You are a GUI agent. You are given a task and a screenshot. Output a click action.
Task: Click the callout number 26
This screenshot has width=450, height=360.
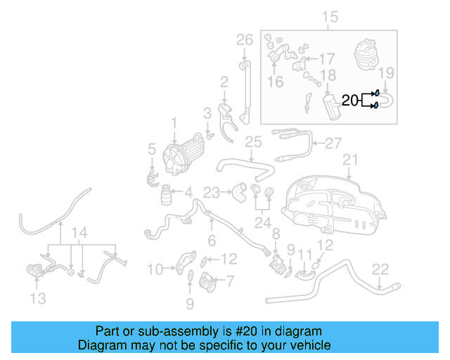(x=244, y=40)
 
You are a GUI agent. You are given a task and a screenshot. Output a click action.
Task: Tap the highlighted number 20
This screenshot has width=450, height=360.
(x=350, y=101)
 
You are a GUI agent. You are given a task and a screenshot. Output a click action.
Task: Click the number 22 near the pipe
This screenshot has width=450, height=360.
(x=380, y=269)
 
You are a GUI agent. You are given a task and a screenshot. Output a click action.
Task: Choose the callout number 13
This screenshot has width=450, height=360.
(x=38, y=299)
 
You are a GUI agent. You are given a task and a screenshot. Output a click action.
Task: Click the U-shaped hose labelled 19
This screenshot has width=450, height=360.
(x=389, y=100)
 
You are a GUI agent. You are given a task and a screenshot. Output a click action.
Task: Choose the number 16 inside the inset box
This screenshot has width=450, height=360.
(x=275, y=82)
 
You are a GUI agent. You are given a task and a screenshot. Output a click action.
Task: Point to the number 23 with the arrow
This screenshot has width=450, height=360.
(x=211, y=191)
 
